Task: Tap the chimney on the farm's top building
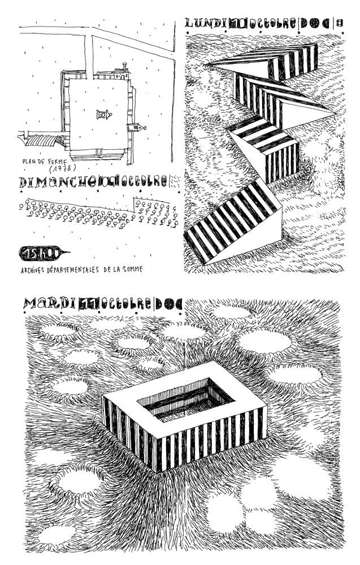(120, 70)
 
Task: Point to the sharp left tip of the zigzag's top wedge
(210, 64)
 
